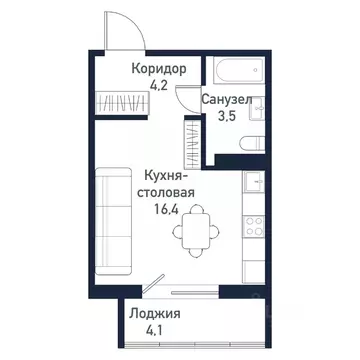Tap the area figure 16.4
[163, 211]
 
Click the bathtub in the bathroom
[236, 71]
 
